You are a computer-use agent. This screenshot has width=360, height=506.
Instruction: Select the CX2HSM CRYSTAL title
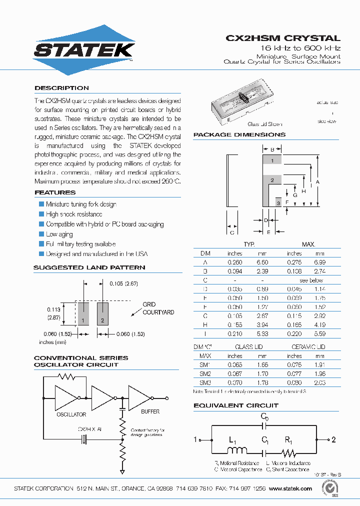click(x=283, y=38)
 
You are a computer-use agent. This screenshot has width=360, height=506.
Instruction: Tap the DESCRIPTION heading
click(x=61, y=88)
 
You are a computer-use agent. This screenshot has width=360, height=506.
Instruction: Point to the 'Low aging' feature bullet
click(x=59, y=234)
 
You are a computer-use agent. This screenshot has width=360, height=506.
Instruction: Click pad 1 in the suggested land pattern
click(x=83, y=313)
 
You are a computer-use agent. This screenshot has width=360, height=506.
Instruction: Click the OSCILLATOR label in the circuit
click(x=71, y=414)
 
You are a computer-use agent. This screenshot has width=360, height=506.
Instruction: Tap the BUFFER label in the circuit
click(x=150, y=411)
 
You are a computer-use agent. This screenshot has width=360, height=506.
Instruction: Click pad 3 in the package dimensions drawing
click(x=278, y=202)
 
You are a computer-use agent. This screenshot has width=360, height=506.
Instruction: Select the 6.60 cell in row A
click(x=262, y=262)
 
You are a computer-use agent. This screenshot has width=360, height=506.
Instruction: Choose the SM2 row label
click(x=205, y=373)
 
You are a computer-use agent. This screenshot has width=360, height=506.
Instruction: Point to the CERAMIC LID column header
click(x=308, y=347)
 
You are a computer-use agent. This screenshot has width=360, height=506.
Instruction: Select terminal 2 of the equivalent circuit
click(x=332, y=439)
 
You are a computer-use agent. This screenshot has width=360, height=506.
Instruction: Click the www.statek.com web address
click(x=290, y=488)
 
